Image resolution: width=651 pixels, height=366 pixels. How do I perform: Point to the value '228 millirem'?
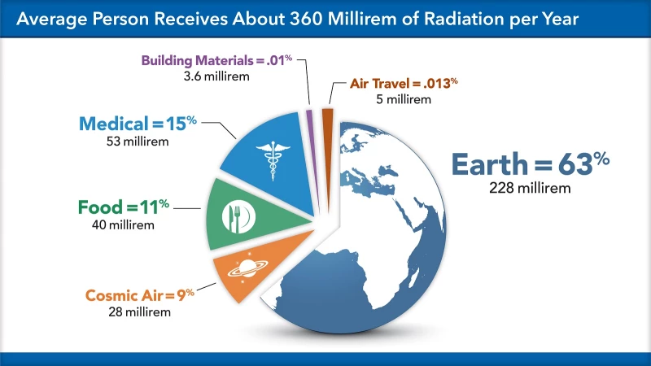coord(530,188)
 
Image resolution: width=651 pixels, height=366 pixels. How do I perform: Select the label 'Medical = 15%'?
coord(136,124)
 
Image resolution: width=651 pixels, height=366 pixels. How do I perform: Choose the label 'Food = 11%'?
coord(122,207)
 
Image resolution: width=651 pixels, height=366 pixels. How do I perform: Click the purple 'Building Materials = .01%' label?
coord(216,61)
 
